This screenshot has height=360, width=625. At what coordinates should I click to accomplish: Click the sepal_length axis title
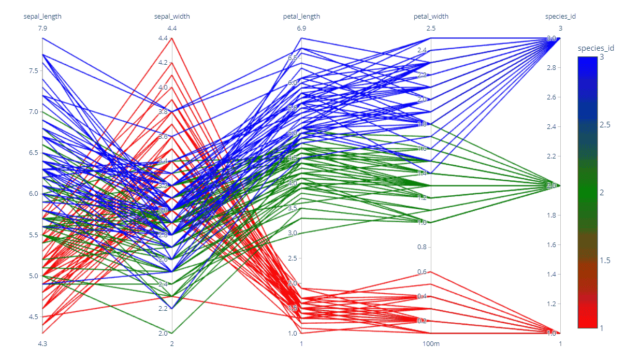[42, 16]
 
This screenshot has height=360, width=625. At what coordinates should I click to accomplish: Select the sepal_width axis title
[172, 16]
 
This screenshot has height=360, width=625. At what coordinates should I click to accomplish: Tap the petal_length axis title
[301, 16]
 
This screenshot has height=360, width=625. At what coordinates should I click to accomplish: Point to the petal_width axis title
[431, 16]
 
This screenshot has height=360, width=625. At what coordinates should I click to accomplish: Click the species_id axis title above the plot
[560, 16]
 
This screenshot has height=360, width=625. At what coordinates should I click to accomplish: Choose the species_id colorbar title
[596, 48]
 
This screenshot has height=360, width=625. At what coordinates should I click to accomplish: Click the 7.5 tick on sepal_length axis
[33, 70]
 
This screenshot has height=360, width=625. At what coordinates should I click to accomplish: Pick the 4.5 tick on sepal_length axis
[33, 317]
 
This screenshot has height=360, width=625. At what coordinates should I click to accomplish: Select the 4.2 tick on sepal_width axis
[164, 63]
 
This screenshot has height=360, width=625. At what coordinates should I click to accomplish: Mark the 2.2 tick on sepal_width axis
[164, 309]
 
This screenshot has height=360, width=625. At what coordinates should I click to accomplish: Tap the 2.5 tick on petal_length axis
[293, 258]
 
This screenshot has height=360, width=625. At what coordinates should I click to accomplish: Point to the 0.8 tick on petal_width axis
[423, 247]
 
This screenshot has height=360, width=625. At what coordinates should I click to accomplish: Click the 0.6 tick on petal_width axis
[423, 272]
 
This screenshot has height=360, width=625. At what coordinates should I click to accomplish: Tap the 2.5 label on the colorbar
[604, 125]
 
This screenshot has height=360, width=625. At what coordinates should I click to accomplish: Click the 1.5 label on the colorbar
[604, 260]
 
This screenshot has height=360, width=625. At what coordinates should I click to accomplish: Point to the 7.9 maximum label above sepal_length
[42, 28]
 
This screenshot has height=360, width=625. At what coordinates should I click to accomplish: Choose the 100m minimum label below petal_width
[431, 343]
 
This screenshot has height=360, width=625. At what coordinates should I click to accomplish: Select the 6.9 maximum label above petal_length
[301, 28]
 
